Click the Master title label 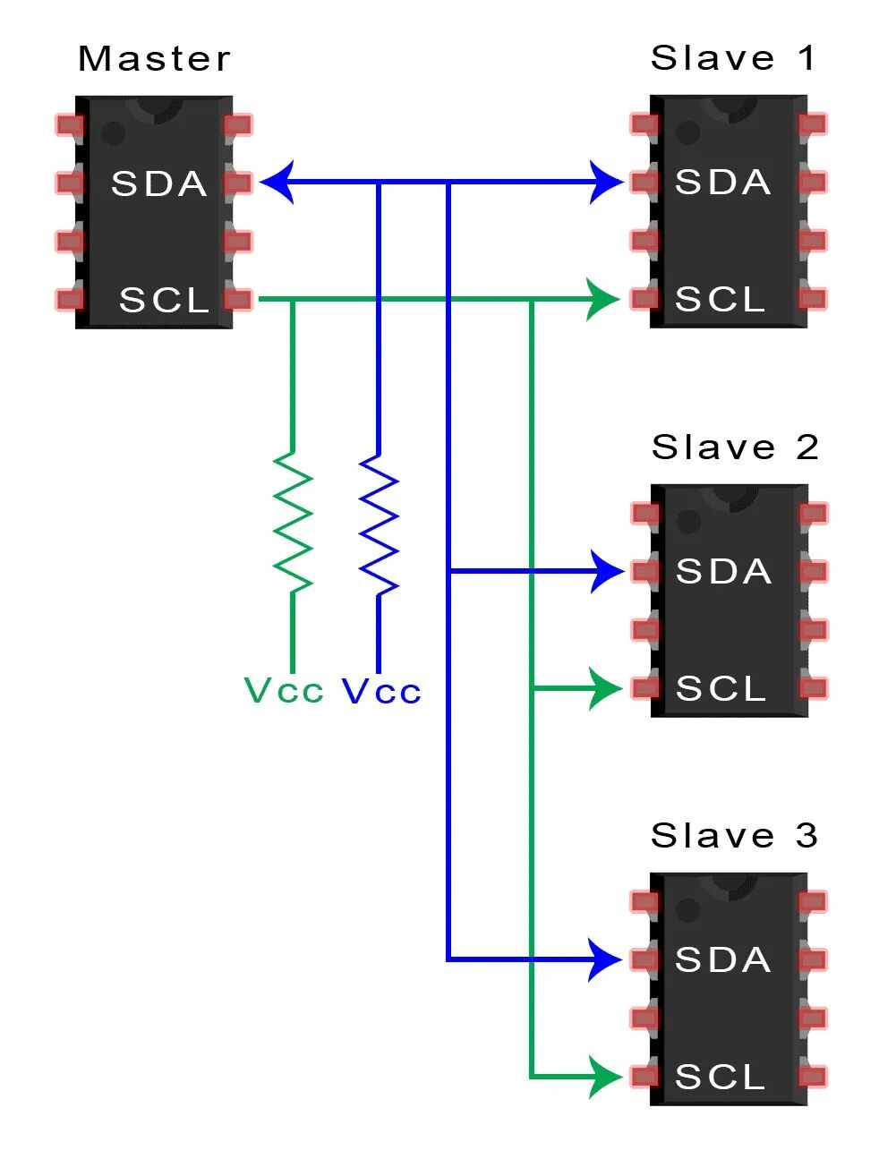[154, 59]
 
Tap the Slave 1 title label [733, 58]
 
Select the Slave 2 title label [735, 447]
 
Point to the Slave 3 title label [734, 835]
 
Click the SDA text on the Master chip [158, 183]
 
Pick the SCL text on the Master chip [164, 300]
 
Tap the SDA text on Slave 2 [723, 571]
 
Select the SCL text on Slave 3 [721, 1077]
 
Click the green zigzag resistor [293, 523]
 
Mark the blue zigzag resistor [379, 523]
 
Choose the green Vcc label [283, 691]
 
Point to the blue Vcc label [381, 691]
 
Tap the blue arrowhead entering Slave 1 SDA [606, 183]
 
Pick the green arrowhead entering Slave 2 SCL [604, 688]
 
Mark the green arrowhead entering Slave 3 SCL [604, 1077]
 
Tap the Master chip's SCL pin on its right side [238, 299]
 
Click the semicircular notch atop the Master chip [155, 108]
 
